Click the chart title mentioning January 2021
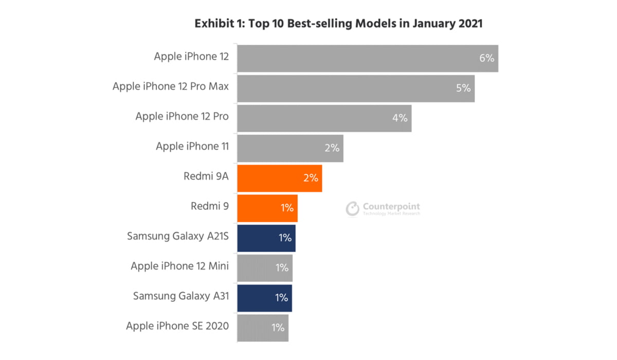pyautogui.click(x=338, y=24)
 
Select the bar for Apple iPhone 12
pyautogui.click(x=367, y=58)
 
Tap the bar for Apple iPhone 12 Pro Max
pyautogui.click(x=355, y=88)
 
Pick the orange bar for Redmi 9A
pyautogui.click(x=279, y=178)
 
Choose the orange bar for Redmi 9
pyautogui.click(x=267, y=208)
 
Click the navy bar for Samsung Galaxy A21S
pyautogui.click(x=266, y=238)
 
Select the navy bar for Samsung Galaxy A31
pyautogui.click(x=264, y=298)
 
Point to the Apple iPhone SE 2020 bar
pyautogui.click(x=262, y=328)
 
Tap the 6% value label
pyautogui.click(x=486, y=58)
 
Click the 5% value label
pyautogui.click(x=463, y=88)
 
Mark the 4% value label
pyautogui.click(x=400, y=118)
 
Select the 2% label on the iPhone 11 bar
pyautogui.click(x=332, y=148)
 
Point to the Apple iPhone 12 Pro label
pyautogui.click(x=182, y=116)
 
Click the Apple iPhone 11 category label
pyautogui.click(x=192, y=147)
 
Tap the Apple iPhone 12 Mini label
pyautogui.click(x=179, y=266)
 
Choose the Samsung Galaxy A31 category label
pyautogui.click(x=181, y=296)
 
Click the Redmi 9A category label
pyautogui.click(x=206, y=176)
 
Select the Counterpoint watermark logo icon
pyautogui.click(x=353, y=208)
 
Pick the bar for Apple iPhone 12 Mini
pyautogui.click(x=264, y=268)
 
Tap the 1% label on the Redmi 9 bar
pyautogui.click(x=286, y=208)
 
